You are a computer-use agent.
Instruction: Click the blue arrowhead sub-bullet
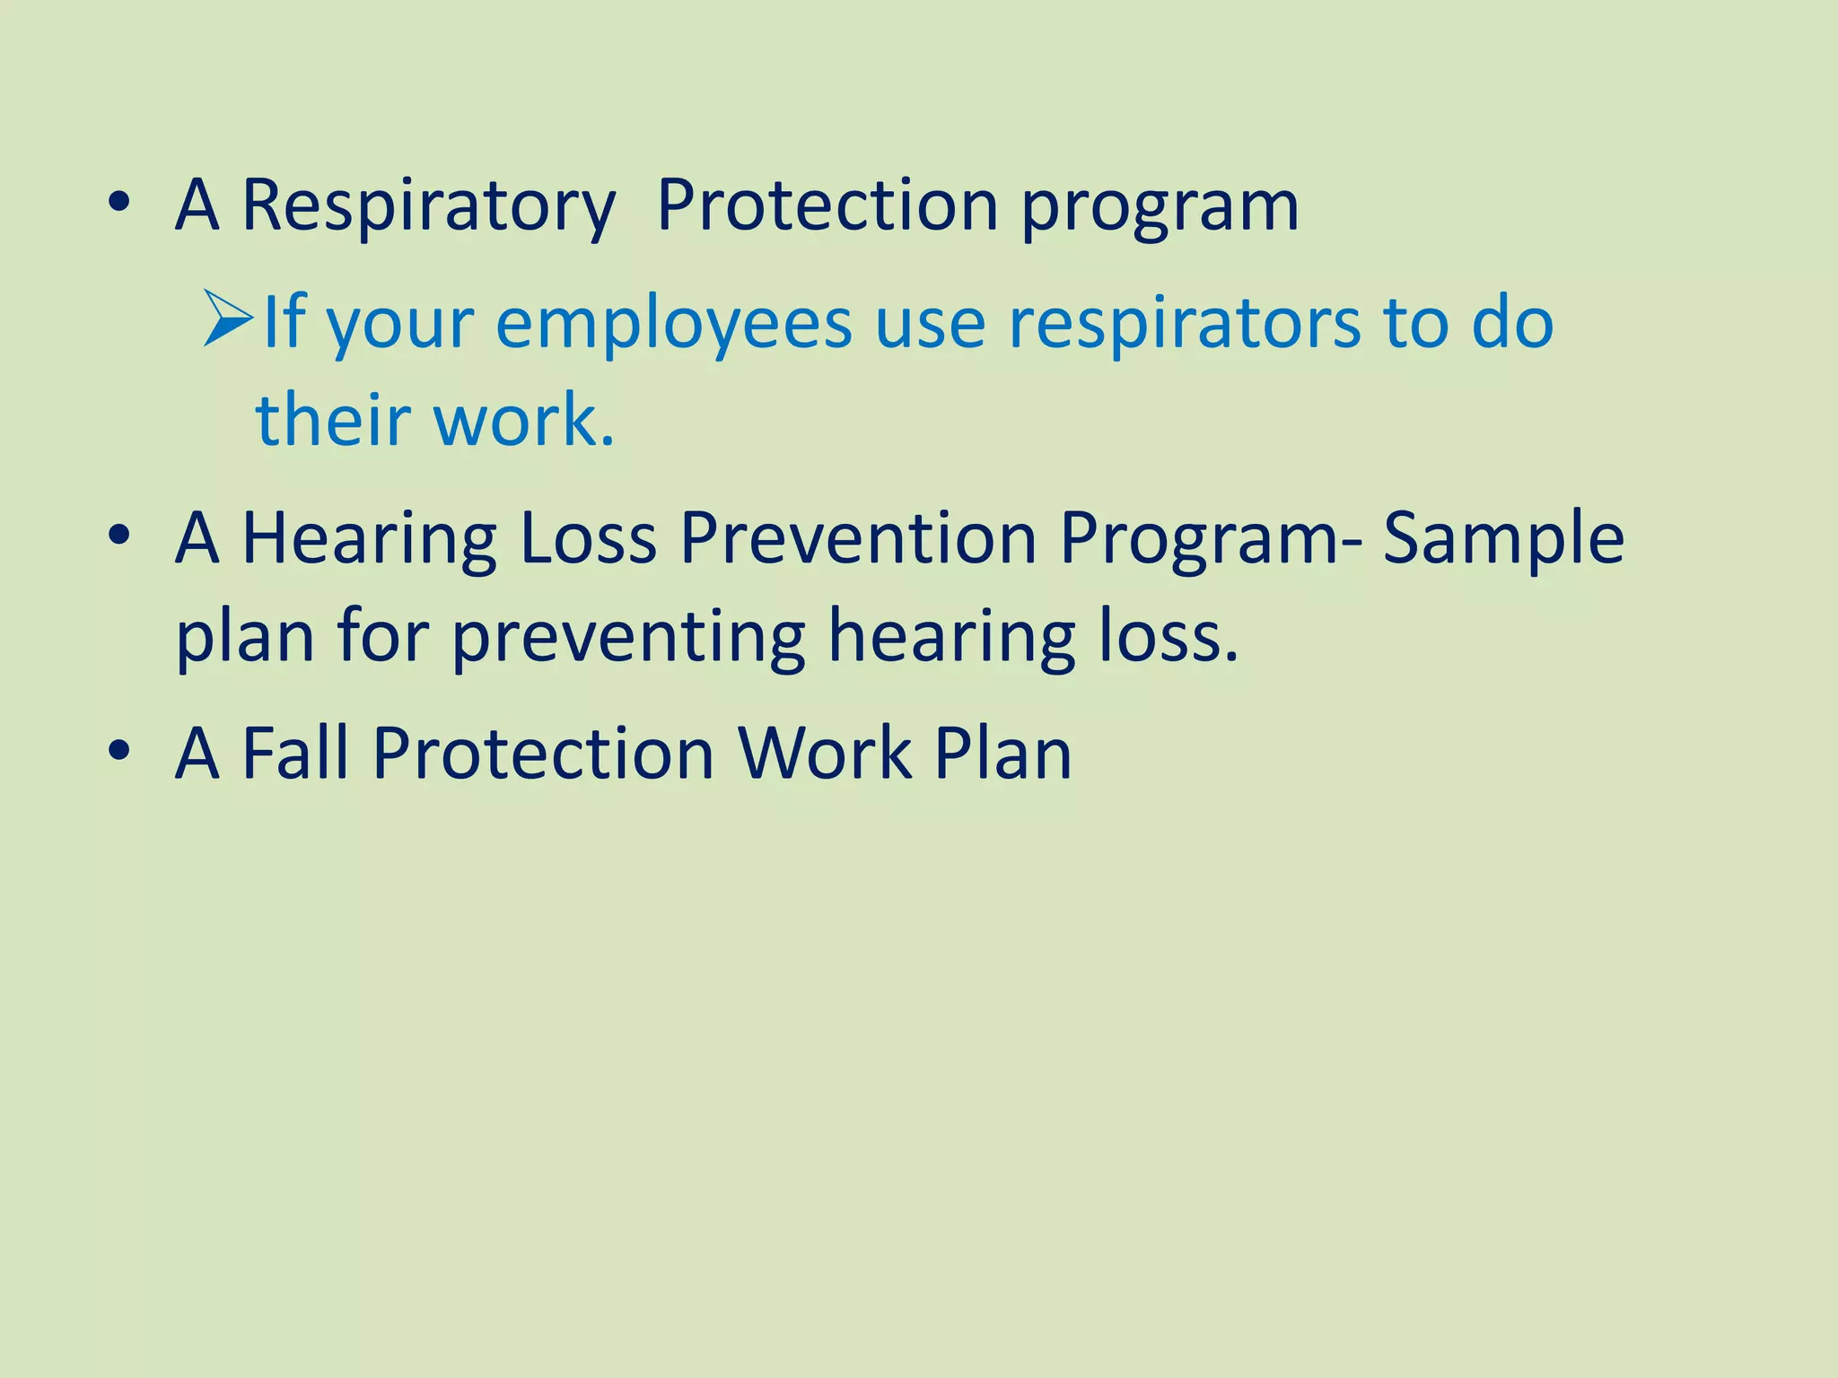pos(228,318)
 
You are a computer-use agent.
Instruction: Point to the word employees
pos(673,324)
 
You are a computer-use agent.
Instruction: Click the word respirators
pos(1184,324)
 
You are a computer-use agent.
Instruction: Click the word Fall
pos(295,754)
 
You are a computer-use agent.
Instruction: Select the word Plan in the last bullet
pos(1002,754)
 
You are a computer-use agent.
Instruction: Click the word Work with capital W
pos(824,754)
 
